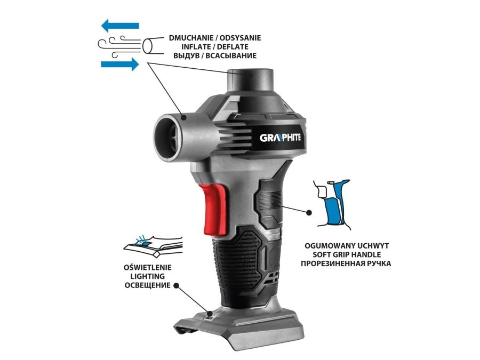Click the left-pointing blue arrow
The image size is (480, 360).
[120, 26]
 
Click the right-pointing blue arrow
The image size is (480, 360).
[120, 65]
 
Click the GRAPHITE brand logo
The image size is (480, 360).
[280, 138]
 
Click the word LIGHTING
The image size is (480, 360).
[148, 276]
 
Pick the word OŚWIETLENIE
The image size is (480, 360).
[148, 267]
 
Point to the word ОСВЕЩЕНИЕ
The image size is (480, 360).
[148, 285]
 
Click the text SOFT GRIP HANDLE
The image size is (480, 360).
[346, 254]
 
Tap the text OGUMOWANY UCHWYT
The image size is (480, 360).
[347, 245]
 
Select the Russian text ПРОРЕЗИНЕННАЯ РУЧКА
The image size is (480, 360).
[346, 263]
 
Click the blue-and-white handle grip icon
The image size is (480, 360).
[332, 204]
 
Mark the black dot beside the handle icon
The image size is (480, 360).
[309, 212]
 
